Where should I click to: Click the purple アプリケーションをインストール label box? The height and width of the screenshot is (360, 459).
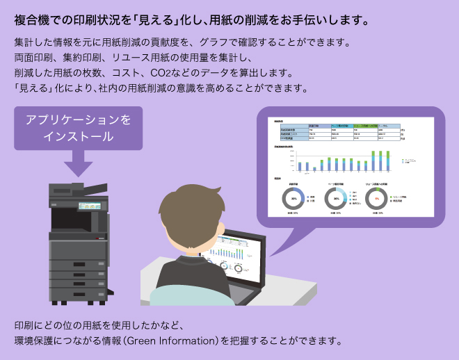tap(78, 128)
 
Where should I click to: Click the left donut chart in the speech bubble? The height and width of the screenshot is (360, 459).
tap(294, 199)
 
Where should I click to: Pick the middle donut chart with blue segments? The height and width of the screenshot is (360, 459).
tap(337, 199)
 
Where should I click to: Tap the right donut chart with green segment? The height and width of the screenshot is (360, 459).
tap(377, 199)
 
